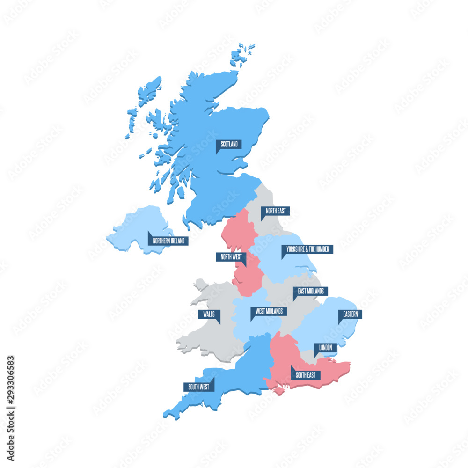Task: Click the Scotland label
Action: tap(229, 144)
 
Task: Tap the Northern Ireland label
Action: tap(168, 241)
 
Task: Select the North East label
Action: tap(275, 211)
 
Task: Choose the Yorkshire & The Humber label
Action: tap(307, 249)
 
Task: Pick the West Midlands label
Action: tap(269, 311)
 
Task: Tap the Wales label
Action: tap(209, 314)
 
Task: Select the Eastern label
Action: tap(350, 314)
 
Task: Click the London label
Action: tap(325, 347)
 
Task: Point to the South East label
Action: tap(305, 375)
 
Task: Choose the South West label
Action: tap(198, 387)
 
